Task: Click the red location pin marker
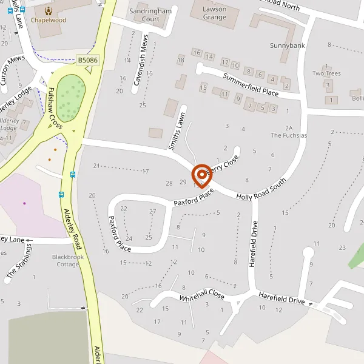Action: pos(200,174)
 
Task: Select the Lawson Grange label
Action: pos(214,13)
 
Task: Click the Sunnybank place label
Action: pos(288,45)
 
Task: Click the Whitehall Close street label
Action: pos(202,297)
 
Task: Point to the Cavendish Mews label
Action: pos(141,64)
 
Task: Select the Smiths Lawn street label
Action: pos(176,131)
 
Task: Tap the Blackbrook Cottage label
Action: pos(67,261)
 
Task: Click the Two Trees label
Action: pos(326,73)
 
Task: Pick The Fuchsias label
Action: pos(289,132)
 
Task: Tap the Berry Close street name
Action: pos(223,164)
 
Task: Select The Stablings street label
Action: pos(19,263)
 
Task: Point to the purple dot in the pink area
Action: pos(25,203)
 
